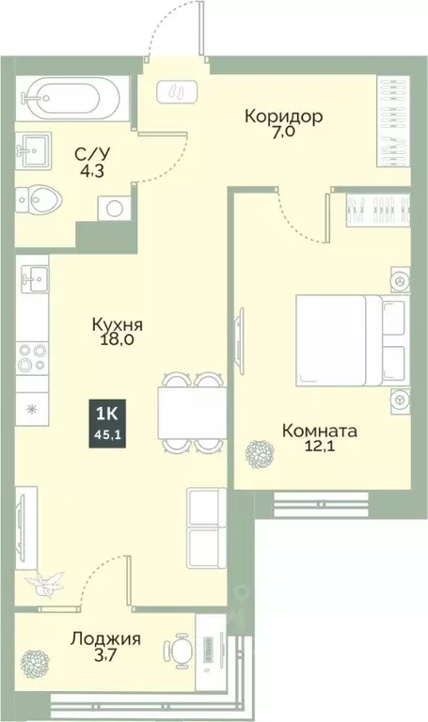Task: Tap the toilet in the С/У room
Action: pos(40,200)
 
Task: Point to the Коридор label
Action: pos(283,117)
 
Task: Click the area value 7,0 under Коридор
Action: pos(283,135)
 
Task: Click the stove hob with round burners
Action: pos(34,358)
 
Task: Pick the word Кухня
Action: pos(117,323)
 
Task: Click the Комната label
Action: pos(320,432)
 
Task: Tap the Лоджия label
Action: pos(105,639)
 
